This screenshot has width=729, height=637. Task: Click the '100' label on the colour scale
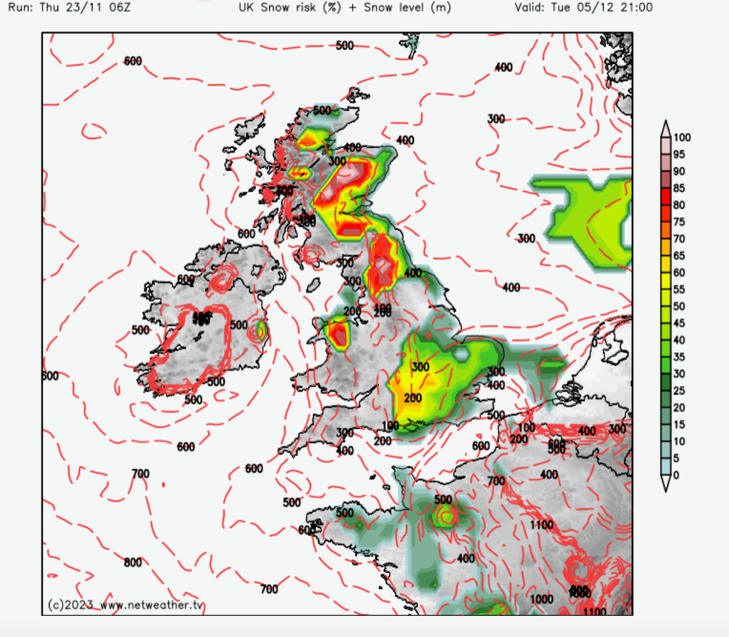tap(683, 138)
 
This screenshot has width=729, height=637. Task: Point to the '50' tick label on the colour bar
tap(680, 306)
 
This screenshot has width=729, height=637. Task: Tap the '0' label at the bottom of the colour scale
tap(675, 475)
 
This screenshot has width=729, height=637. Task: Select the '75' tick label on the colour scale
tap(680, 222)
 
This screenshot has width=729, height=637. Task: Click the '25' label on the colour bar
tap(680, 390)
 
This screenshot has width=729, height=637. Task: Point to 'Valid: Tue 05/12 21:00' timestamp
tap(583, 8)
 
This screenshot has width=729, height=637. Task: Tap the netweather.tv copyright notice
tap(124, 605)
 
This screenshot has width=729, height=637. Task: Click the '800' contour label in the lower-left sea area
tap(132, 563)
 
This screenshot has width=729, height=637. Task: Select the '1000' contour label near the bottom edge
tap(542, 599)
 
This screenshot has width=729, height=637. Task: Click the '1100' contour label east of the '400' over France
tap(542, 525)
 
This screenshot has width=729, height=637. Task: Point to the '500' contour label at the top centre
tap(344, 45)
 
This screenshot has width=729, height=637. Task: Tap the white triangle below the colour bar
tap(667, 486)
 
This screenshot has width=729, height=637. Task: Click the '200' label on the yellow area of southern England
tap(413, 398)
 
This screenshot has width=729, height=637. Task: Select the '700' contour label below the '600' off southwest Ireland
tap(140, 473)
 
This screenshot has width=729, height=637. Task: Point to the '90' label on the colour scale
tap(680, 171)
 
